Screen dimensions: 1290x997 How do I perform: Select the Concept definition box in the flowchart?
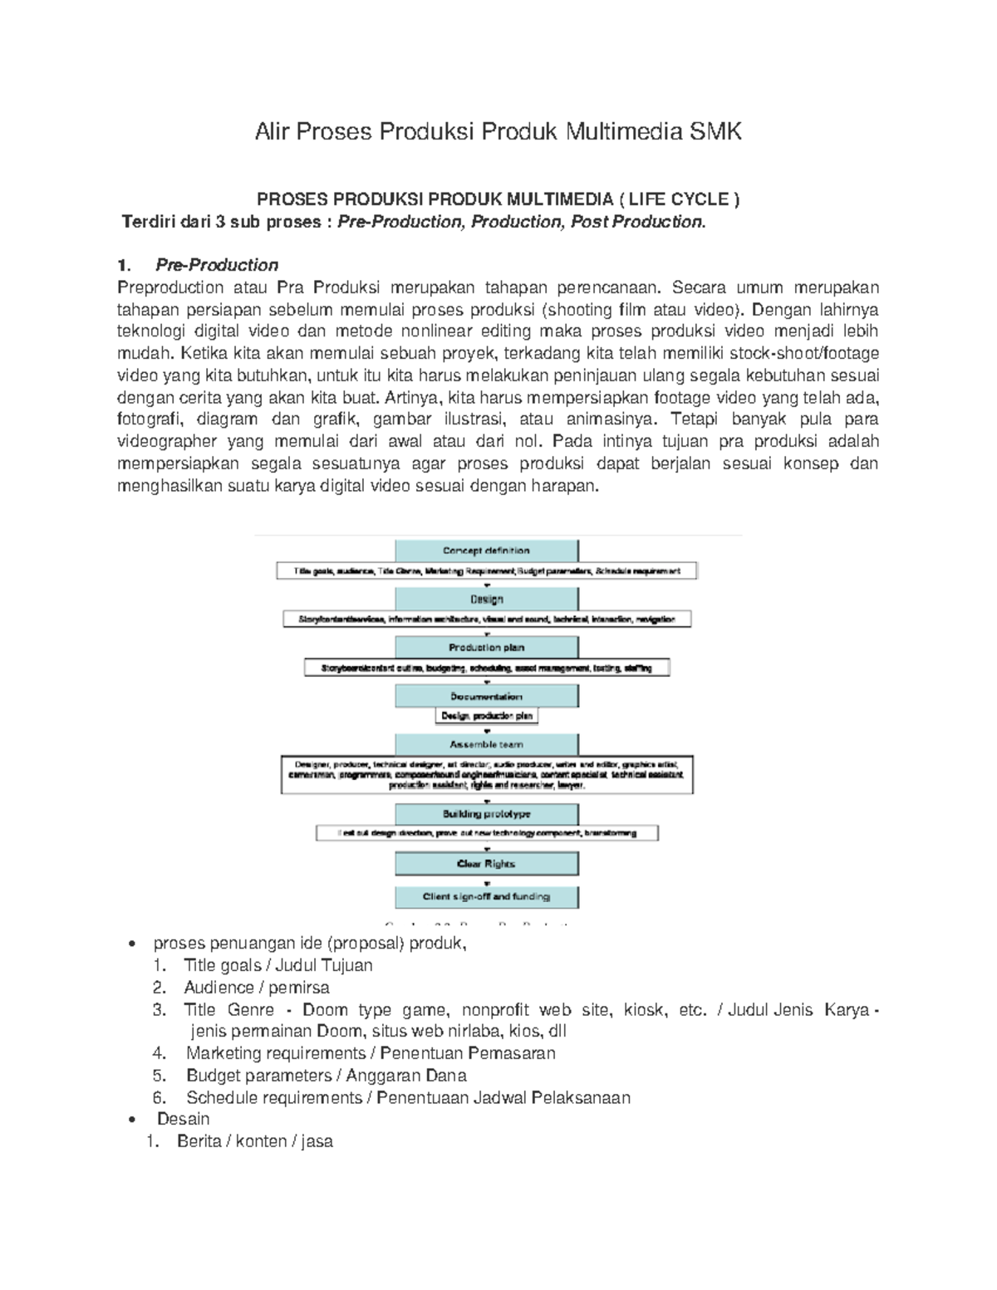tap(486, 550)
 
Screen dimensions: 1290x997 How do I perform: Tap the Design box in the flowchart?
tap(486, 599)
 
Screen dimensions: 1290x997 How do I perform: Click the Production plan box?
tap(486, 647)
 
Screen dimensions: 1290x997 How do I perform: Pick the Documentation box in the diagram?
tap(486, 696)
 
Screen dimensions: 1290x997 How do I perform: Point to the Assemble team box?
tap(486, 744)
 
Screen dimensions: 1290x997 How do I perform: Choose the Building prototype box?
tap(486, 814)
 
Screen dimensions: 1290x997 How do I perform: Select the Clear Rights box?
tap(486, 864)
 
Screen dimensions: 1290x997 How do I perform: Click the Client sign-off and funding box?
tap(486, 896)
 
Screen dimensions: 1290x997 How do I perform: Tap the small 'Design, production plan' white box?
tap(486, 715)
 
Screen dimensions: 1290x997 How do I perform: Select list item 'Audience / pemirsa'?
tap(257, 988)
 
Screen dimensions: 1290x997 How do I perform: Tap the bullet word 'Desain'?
tap(183, 1119)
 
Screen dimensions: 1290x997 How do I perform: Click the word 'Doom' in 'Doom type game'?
tap(325, 1010)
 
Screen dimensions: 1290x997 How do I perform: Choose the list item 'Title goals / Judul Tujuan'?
tap(278, 965)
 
